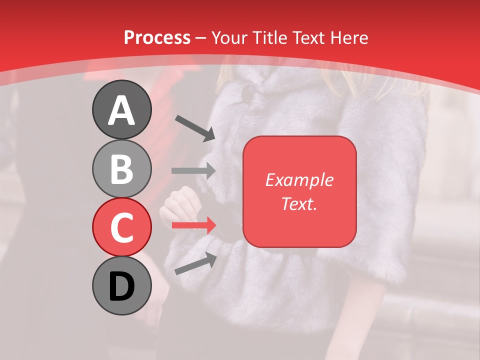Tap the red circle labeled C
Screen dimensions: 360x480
[x=121, y=227]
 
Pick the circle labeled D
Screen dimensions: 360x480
[x=121, y=286]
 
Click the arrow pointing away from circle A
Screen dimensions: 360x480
[x=195, y=128]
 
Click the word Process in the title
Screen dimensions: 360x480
[x=157, y=37]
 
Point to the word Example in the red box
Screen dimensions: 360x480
[x=299, y=180]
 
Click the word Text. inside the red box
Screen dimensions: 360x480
[x=299, y=203]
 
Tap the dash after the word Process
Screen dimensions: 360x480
[x=201, y=38]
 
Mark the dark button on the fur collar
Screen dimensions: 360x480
[x=248, y=92]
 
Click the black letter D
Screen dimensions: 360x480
[x=121, y=286]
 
